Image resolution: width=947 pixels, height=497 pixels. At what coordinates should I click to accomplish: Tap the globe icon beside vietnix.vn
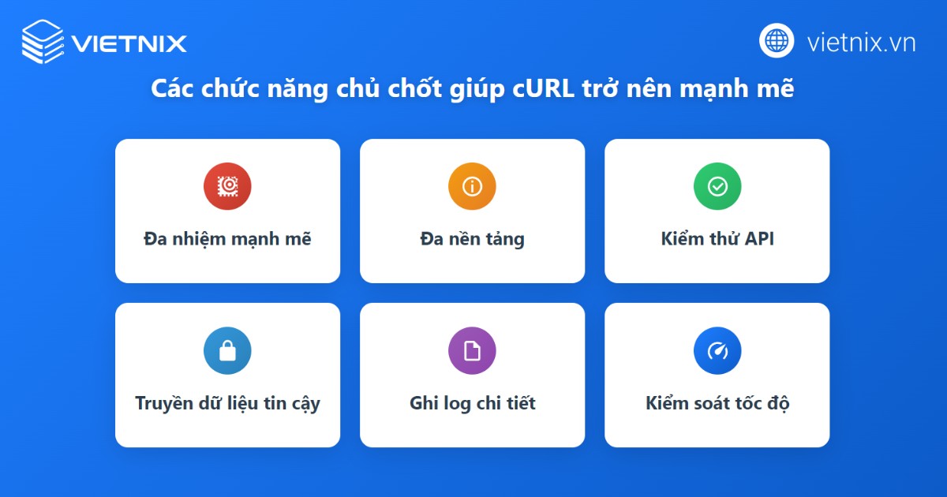(x=777, y=40)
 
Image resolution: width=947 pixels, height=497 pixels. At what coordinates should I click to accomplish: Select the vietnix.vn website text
(x=861, y=42)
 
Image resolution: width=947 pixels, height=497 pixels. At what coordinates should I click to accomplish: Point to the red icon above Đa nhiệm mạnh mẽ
(x=227, y=186)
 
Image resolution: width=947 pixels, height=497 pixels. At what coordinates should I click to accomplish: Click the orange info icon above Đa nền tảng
(x=472, y=186)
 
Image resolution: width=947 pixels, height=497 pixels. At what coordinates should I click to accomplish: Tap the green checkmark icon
(x=717, y=186)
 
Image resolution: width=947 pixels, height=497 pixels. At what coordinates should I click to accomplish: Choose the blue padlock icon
(x=227, y=350)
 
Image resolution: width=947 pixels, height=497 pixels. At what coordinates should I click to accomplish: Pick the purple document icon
(x=472, y=350)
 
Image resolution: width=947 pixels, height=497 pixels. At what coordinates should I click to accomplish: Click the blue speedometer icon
(x=717, y=350)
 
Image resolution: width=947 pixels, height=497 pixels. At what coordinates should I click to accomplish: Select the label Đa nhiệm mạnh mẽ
(x=227, y=239)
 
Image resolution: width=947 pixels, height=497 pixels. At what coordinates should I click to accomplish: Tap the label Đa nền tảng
(x=472, y=239)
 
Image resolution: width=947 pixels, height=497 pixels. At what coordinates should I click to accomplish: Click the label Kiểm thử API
(x=717, y=239)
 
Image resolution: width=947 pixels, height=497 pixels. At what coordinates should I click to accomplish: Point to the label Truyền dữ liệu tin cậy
(x=227, y=404)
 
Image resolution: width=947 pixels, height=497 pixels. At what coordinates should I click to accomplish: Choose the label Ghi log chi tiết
(x=472, y=404)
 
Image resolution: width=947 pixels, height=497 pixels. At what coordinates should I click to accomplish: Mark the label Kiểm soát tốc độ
(x=717, y=404)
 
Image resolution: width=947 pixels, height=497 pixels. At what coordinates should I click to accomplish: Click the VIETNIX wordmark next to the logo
(x=129, y=43)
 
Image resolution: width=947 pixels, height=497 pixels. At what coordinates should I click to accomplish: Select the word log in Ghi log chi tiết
(x=456, y=404)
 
